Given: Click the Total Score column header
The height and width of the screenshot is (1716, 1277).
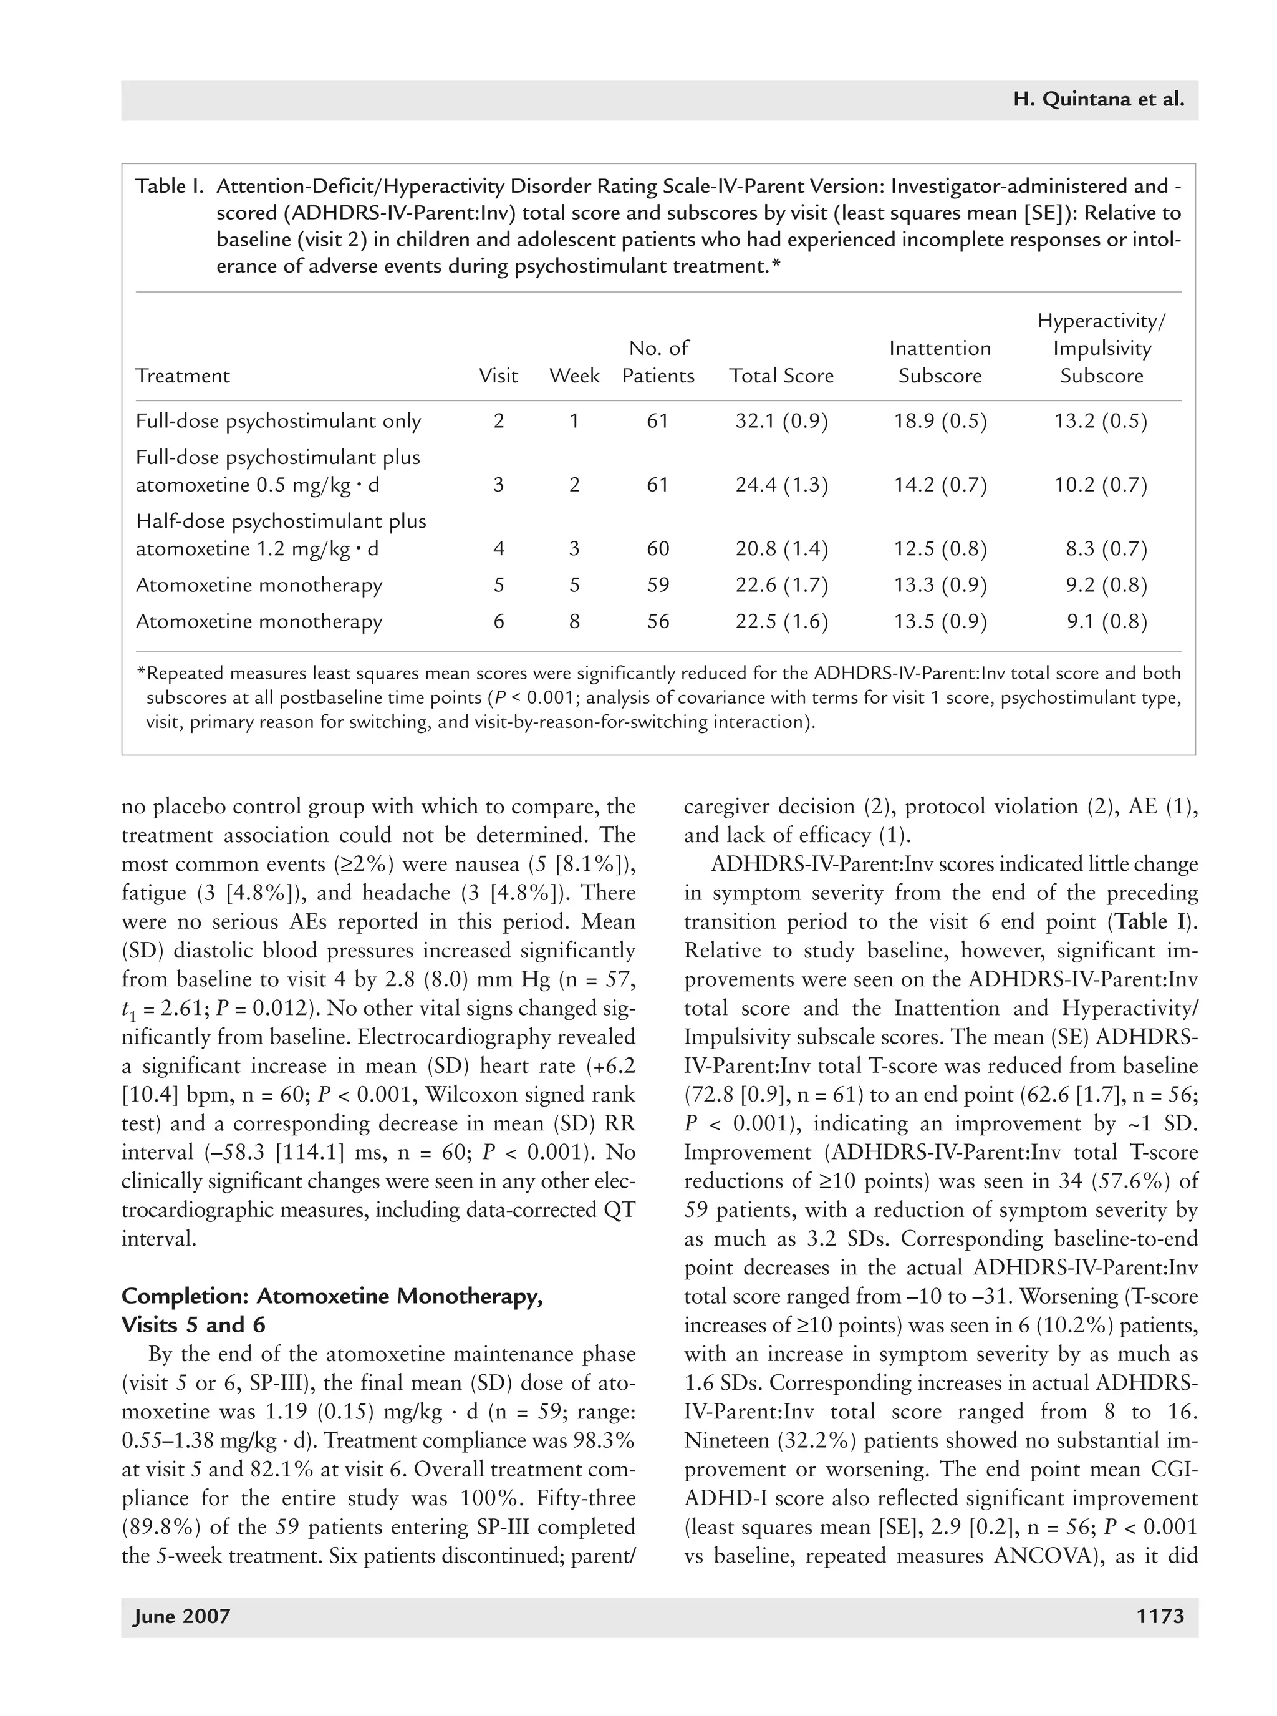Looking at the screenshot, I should [781, 376].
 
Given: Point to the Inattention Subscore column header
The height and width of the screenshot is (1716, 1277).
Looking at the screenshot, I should [939, 362].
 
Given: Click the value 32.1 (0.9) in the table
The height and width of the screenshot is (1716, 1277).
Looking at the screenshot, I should [781, 422].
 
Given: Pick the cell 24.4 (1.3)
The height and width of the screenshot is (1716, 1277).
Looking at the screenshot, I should [781, 486].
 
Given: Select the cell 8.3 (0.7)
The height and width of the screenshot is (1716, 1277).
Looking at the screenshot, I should [1106, 549].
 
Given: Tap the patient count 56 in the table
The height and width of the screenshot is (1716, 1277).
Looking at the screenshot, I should [658, 622].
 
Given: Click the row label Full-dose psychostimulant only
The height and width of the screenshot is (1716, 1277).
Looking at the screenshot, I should [278, 422].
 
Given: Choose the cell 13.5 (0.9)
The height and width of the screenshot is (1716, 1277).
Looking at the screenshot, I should [940, 622].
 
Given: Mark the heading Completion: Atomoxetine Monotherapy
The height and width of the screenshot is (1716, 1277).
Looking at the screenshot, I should [332, 1296].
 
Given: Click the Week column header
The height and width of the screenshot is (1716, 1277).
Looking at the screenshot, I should [574, 376].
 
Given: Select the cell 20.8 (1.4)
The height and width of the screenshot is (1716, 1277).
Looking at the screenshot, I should [781, 549].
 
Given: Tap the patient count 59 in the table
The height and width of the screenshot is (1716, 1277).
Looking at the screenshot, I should [658, 585].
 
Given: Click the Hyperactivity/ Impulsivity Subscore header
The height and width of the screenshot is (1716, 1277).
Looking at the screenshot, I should [1102, 348].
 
